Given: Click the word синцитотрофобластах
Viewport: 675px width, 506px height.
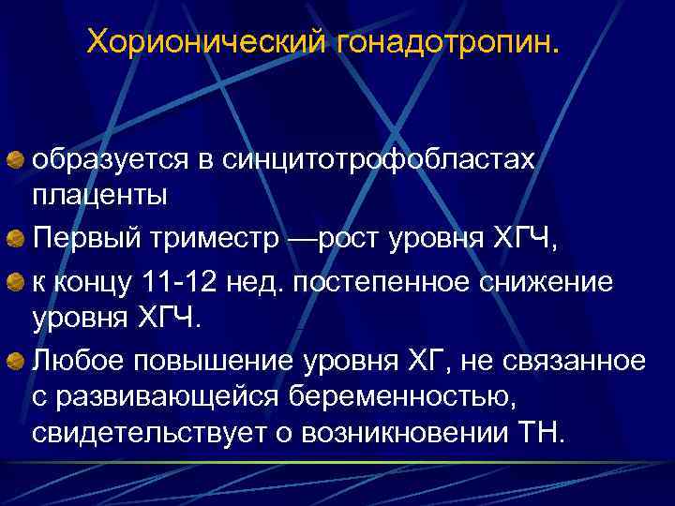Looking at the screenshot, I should (381, 160).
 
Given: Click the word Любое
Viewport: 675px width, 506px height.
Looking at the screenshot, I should (76, 360).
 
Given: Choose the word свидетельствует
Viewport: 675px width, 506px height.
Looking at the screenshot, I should (144, 434).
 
